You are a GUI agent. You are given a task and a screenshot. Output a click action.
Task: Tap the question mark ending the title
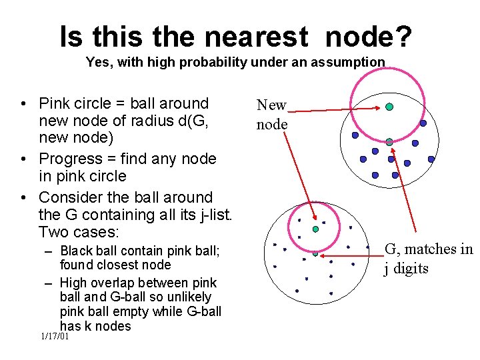point(402,37)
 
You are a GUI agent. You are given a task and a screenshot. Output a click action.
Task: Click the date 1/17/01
point(55,337)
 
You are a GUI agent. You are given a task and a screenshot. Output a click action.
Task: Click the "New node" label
point(272,115)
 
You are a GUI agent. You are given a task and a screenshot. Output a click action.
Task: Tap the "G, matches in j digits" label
point(428,259)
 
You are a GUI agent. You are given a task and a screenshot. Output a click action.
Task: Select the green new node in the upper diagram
point(389,107)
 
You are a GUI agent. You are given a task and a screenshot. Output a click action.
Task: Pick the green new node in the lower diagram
point(315,229)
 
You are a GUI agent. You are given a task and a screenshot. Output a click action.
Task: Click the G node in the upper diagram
point(389,141)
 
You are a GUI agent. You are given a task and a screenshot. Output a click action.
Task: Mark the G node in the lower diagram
point(315,253)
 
